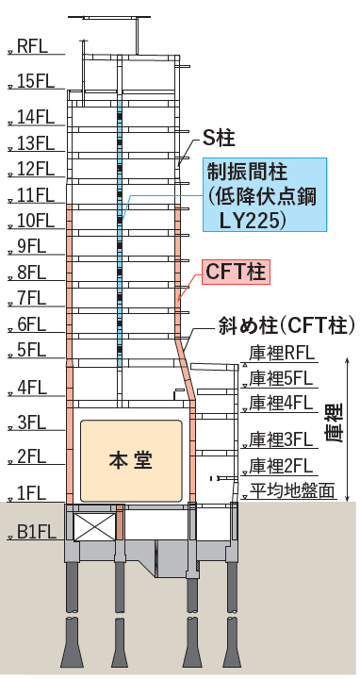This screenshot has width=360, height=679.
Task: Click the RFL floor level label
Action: pyautogui.click(x=34, y=44)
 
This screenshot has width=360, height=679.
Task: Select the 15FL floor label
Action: pyautogui.click(x=36, y=80)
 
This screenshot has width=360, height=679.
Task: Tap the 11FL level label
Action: pyautogui.click(x=36, y=195)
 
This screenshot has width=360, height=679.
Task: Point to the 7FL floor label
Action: pyautogui.click(x=32, y=299)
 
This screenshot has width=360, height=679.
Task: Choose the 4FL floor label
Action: pyautogui.click(x=32, y=387)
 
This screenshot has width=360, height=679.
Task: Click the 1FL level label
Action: pyautogui.click(x=32, y=491)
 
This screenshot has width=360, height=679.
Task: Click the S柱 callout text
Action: pyautogui.click(x=219, y=139)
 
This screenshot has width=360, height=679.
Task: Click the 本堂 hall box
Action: pyautogui.click(x=131, y=459)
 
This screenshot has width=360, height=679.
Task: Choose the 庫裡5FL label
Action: pyautogui.click(x=280, y=378)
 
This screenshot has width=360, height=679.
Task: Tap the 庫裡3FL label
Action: pyautogui.click(x=280, y=439)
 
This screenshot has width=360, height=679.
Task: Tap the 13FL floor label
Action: pyautogui.click(x=36, y=143)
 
